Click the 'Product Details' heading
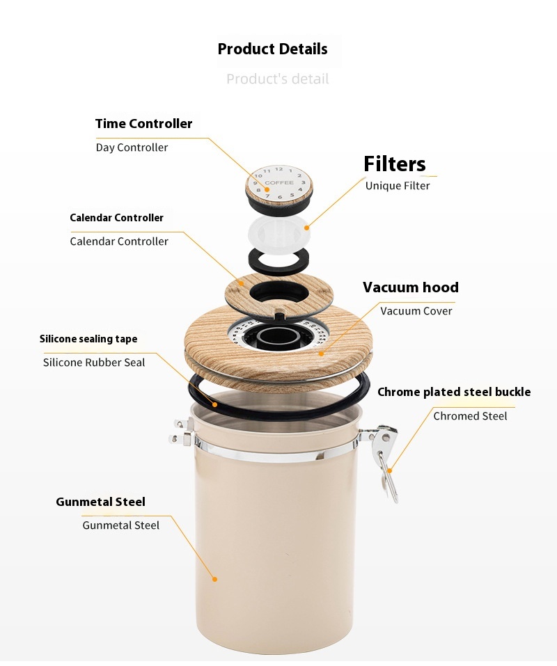pyautogui.click(x=272, y=49)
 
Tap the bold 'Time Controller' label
pyautogui.click(x=143, y=124)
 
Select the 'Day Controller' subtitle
pyautogui.click(x=132, y=148)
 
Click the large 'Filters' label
pyautogui.click(x=394, y=164)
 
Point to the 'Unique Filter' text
pyautogui.click(x=398, y=186)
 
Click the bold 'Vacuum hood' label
pyautogui.click(x=410, y=287)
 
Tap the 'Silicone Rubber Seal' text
pyautogui.click(x=94, y=363)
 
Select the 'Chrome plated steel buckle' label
pyautogui.click(x=454, y=392)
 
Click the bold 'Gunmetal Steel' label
pyautogui.click(x=100, y=502)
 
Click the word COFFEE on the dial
pyautogui.click(x=279, y=182)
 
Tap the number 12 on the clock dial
pyautogui.click(x=278, y=169)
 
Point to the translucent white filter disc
pyautogui.click(x=278, y=232)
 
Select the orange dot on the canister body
pyautogui.click(x=214, y=579)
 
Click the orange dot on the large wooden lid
pyautogui.click(x=321, y=354)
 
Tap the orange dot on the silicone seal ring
pyautogui.click(x=215, y=405)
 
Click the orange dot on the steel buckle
pyautogui.click(x=390, y=470)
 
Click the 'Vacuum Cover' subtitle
pyautogui.click(x=416, y=311)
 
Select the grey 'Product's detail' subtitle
pyautogui.click(x=277, y=79)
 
